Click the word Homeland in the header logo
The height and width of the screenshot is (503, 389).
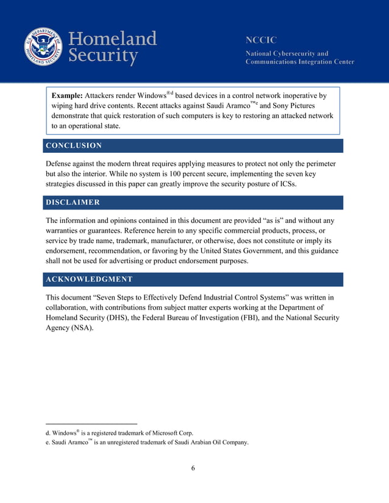pyautogui.click(x=113, y=39)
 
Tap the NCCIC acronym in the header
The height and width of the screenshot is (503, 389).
pyautogui.click(x=261, y=40)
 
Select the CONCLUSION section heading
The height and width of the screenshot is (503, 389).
pyautogui.click(x=74, y=146)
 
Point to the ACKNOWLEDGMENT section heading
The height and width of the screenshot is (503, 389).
pyautogui.click(x=89, y=279)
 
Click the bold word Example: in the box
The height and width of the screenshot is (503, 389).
pyautogui.click(x=66, y=96)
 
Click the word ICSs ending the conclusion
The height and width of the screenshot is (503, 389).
pyautogui.click(x=285, y=185)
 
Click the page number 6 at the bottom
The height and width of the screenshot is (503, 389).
pyautogui.click(x=193, y=468)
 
